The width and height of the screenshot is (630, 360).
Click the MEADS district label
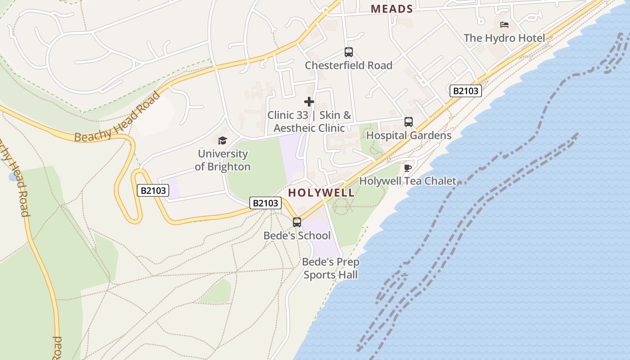coord(391,9)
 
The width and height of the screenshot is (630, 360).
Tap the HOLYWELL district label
coord(321,193)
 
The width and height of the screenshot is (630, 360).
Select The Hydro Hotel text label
coord(504,38)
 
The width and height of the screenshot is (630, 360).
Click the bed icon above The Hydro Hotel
coord(504,24)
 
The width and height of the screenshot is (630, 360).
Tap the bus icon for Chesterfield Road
coord(349,52)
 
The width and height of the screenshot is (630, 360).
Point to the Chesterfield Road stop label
coord(349,65)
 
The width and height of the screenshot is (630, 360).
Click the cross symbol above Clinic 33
coord(309,102)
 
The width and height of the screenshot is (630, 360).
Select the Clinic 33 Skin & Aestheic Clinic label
coord(309,121)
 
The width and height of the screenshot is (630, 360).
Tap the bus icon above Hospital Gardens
coord(409,122)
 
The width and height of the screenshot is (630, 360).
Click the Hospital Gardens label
coord(409,135)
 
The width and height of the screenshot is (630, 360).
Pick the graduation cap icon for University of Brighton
coord(223,141)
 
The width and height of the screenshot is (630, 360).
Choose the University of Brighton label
coord(223,160)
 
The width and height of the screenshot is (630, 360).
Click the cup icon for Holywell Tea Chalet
coord(408,168)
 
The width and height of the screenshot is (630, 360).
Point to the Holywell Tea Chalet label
coord(408,181)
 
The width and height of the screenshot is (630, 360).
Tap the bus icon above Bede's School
coord(297,222)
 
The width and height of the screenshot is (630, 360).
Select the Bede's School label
coord(297,236)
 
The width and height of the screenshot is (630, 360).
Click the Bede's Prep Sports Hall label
coord(331,268)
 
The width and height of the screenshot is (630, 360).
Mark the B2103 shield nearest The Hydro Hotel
coord(466,91)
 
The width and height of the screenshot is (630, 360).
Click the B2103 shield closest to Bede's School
coord(265,203)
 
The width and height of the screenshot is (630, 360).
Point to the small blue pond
coord(12,177)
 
